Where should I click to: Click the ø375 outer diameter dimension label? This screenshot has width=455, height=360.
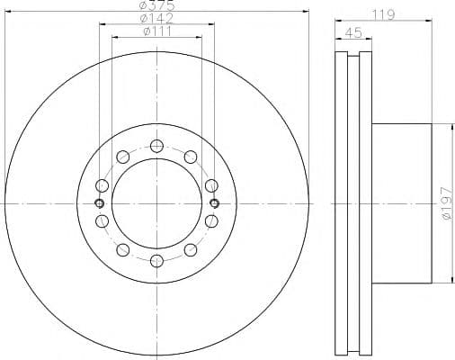pos(157,4)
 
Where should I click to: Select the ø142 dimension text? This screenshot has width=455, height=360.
pos(156,19)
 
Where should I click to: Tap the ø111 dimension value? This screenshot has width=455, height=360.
pos(157,31)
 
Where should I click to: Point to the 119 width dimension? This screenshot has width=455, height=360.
pos(384,14)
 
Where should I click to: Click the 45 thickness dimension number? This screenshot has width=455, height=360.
pos(353,32)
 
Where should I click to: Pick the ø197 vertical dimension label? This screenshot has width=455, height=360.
pos(446,203)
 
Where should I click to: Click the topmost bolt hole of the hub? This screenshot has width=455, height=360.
pos(156,146)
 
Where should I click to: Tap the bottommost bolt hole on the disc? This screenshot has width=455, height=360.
pos(156,261)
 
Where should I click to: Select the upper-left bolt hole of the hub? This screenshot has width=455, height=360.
pos(123,157)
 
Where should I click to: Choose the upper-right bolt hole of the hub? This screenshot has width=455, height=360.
pos(191,157)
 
